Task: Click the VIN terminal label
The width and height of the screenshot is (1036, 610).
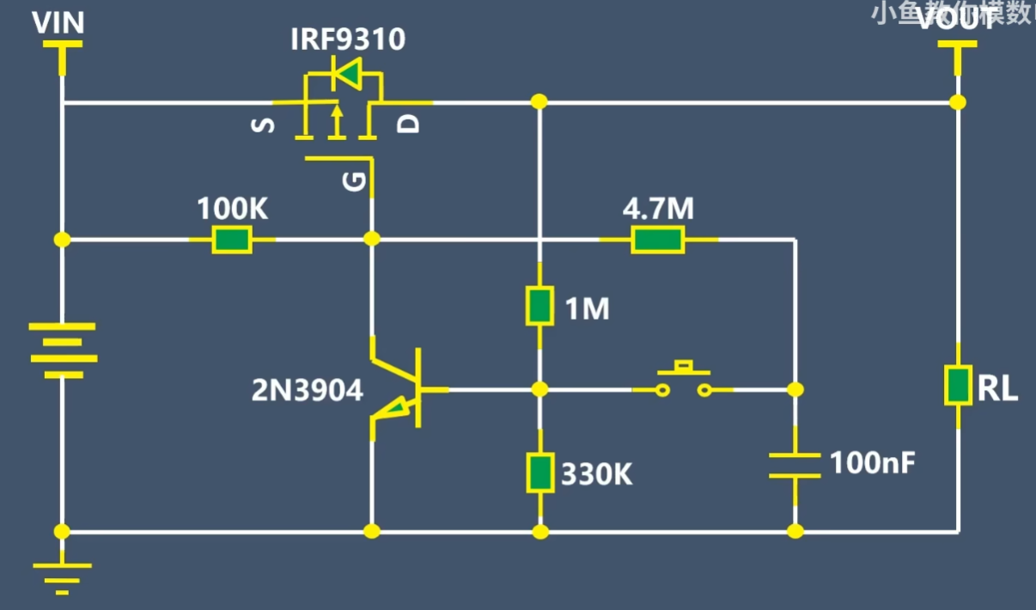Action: coord(58,23)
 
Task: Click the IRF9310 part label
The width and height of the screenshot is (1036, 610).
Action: coord(348,40)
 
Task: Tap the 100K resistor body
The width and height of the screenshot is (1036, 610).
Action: coord(232,240)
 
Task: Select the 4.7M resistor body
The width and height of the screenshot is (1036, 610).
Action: coord(657,240)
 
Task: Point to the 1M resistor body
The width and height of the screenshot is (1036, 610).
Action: coord(539,307)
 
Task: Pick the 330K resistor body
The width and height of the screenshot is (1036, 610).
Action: coord(539,473)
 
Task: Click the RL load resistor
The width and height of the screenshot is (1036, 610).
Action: coord(958,385)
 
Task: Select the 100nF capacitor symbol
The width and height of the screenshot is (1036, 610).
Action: coord(795,465)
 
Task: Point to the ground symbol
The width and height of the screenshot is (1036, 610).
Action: coord(62,576)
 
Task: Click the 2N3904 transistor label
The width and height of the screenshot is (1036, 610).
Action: coord(307,391)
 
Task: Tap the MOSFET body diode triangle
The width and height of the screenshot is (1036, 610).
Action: coord(347,76)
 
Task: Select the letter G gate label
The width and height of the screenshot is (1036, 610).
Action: coord(356,181)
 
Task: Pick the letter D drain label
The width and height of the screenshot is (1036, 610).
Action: coord(411,125)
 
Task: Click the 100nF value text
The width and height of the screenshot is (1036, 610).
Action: coord(872,464)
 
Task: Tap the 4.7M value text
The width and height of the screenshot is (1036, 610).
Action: coord(658,209)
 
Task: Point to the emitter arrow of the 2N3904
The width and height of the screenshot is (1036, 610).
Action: coord(393,410)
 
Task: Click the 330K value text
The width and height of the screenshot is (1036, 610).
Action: coord(596,474)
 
